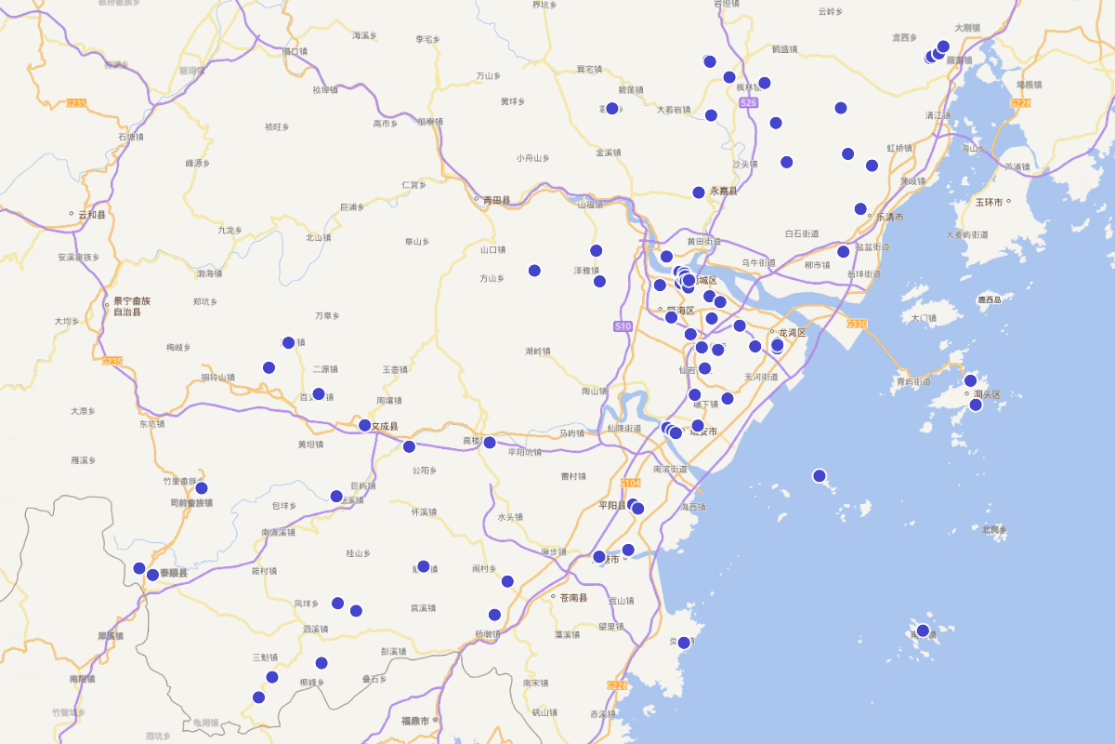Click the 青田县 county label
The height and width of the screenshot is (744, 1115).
[x=495, y=200]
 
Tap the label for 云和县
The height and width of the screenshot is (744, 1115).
[x=92, y=215]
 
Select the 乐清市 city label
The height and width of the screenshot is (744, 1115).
[x=890, y=217]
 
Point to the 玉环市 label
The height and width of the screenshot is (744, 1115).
[x=992, y=202]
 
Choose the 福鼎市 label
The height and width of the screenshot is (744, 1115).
[x=414, y=721]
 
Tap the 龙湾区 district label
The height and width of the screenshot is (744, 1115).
[x=792, y=332]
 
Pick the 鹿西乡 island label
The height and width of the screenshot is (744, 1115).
[x=990, y=299]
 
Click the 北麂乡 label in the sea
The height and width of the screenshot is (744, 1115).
[x=994, y=529]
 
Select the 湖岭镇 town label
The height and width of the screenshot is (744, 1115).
[x=538, y=351]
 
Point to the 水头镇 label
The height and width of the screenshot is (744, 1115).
[x=510, y=517]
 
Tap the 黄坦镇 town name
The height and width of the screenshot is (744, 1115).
[x=310, y=445]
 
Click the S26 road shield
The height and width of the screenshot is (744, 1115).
[x=749, y=102]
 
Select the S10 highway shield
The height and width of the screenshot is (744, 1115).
[x=623, y=325]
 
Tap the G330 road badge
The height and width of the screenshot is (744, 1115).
[x=856, y=324]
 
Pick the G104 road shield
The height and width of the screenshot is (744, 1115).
[x=631, y=483]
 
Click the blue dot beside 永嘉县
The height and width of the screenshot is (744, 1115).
[x=699, y=193]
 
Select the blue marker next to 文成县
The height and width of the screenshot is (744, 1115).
[x=365, y=426]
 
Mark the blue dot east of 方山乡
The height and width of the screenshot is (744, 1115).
[x=534, y=271]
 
